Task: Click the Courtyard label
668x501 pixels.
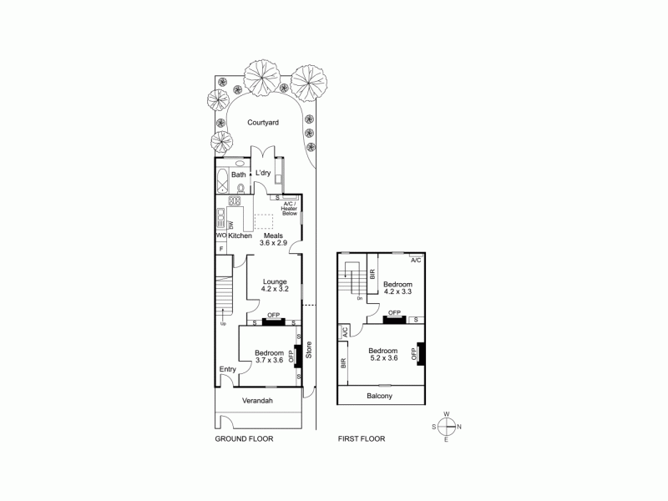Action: pyautogui.click(x=263, y=122)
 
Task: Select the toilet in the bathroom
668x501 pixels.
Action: pyautogui.click(x=240, y=188)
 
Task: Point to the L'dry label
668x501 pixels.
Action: pyautogui.click(x=263, y=173)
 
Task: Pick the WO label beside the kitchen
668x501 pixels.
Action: pyautogui.click(x=220, y=236)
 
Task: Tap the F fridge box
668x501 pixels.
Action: pyautogui.click(x=220, y=249)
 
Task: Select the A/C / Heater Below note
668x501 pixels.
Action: pyautogui.click(x=290, y=208)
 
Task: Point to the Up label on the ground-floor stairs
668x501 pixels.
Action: pyautogui.click(x=222, y=323)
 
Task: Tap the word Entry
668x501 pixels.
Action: pyautogui.click(x=227, y=369)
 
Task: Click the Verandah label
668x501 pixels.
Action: pyautogui.click(x=257, y=401)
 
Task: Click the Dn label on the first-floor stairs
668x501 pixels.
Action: pyautogui.click(x=359, y=298)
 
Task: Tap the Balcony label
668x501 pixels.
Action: pyautogui.click(x=379, y=396)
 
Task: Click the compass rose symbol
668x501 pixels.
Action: pyautogui.click(x=447, y=427)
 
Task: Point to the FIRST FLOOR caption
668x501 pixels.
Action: pyautogui.click(x=361, y=438)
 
